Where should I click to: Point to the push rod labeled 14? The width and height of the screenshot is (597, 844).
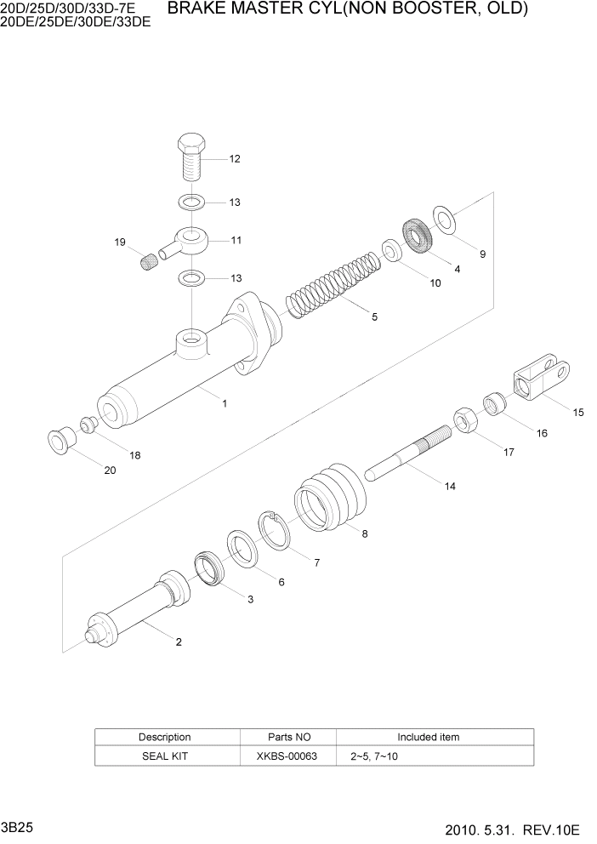click(x=408, y=455)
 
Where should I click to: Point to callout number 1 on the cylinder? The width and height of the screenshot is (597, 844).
click(x=225, y=404)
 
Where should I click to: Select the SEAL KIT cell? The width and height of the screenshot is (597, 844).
click(x=164, y=756)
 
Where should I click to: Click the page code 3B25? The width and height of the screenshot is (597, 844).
click(x=17, y=827)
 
